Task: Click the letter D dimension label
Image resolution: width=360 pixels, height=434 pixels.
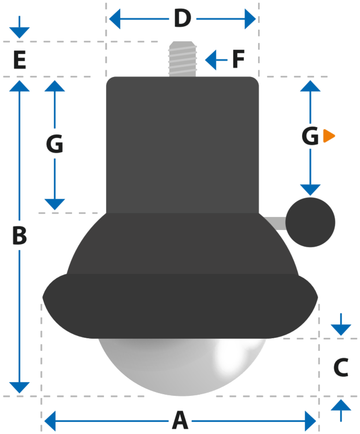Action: (x=182, y=18)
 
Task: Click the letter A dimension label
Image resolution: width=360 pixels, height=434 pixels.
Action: (x=180, y=420)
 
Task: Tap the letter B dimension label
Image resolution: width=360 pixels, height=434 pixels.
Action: (x=19, y=235)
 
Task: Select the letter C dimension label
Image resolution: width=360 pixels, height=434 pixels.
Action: (x=341, y=367)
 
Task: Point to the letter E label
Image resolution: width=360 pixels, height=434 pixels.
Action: (x=20, y=60)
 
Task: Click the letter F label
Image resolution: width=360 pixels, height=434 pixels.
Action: (x=238, y=59)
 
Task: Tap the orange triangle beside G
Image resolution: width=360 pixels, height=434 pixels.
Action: (x=329, y=136)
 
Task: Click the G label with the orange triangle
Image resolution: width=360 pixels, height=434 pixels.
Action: (x=310, y=136)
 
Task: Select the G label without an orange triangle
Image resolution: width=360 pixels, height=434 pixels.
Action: (x=54, y=144)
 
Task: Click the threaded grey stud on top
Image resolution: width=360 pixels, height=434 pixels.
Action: (x=182, y=59)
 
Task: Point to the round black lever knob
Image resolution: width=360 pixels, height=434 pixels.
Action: (x=310, y=222)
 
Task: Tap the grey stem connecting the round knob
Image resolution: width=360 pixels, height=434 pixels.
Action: (x=275, y=223)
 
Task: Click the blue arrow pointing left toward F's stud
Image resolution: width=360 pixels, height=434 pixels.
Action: (x=216, y=60)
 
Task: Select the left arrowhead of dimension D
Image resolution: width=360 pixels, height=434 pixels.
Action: (x=115, y=19)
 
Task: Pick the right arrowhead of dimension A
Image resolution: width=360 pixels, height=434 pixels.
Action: (x=310, y=421)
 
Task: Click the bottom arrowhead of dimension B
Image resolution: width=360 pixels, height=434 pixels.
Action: (x=19, y=387)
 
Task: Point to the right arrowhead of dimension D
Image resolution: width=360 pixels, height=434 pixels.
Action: (x=250, y=19)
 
